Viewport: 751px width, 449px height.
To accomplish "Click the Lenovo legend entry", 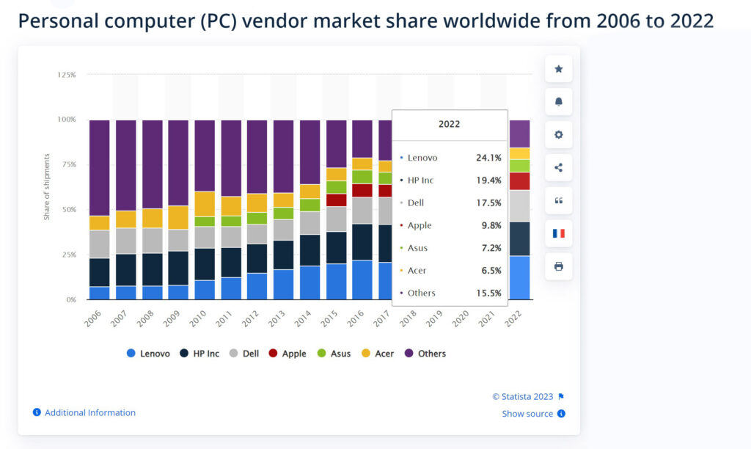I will click(x=148, y=354).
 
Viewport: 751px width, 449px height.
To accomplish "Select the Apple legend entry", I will click(x=287, y=354).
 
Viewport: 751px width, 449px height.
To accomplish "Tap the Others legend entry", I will click(x=425, y=354).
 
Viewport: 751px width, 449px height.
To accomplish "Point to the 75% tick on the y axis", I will click(x=67, y=164).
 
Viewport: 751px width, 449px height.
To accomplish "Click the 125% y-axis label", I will click(x=67, y=75).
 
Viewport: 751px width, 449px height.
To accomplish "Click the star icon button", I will click(x=558, y=69).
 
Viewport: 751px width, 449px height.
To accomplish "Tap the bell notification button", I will click(x=558, y=102).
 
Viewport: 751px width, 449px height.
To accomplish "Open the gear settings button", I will click(x=558, y=135).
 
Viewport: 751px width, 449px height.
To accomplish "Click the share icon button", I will click(x=558, y=167).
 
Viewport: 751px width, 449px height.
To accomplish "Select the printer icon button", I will click(x=558, y=266).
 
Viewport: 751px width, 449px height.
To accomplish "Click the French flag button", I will click(x=558, y=233).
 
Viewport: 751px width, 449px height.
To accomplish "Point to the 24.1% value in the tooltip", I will click(x=488, y=158).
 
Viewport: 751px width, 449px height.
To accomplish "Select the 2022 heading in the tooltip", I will click(x=450, y=125).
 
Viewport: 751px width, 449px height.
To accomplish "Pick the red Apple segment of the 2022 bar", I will click(x=519, y=181).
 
